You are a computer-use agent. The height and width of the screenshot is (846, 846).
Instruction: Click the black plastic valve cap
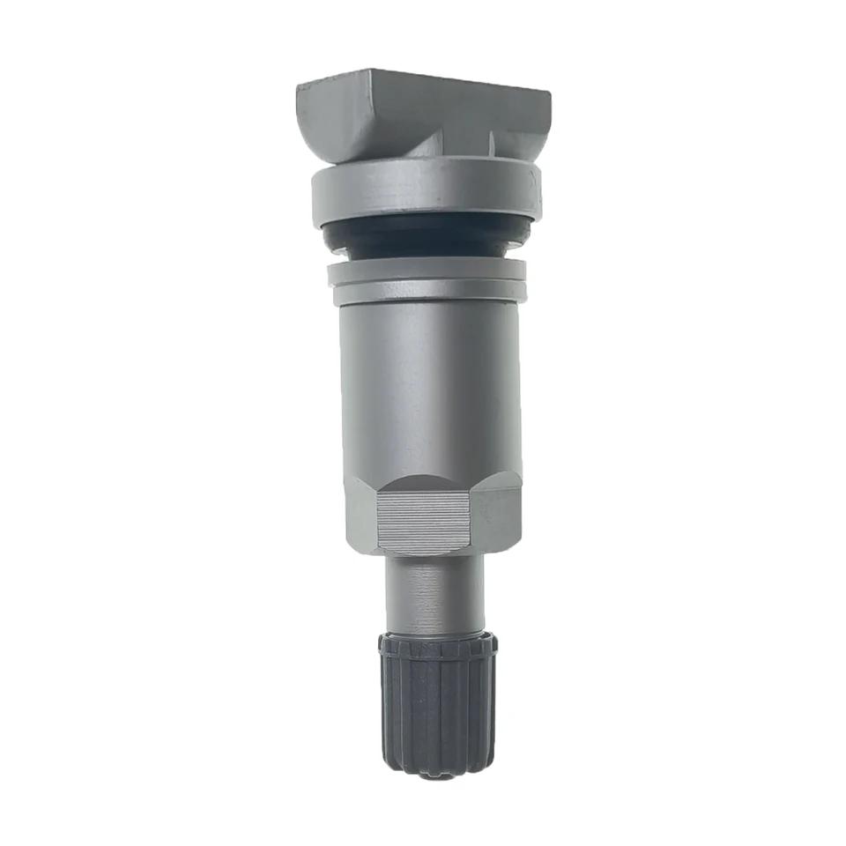(438, 705)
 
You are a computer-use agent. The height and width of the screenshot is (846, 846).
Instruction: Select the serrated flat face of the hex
(421, 523)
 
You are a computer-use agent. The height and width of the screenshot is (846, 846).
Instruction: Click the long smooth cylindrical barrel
(429, 388)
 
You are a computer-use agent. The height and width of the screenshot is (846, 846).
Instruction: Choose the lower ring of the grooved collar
(427, 293)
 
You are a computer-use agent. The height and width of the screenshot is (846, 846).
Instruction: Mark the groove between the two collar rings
(427, 283)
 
